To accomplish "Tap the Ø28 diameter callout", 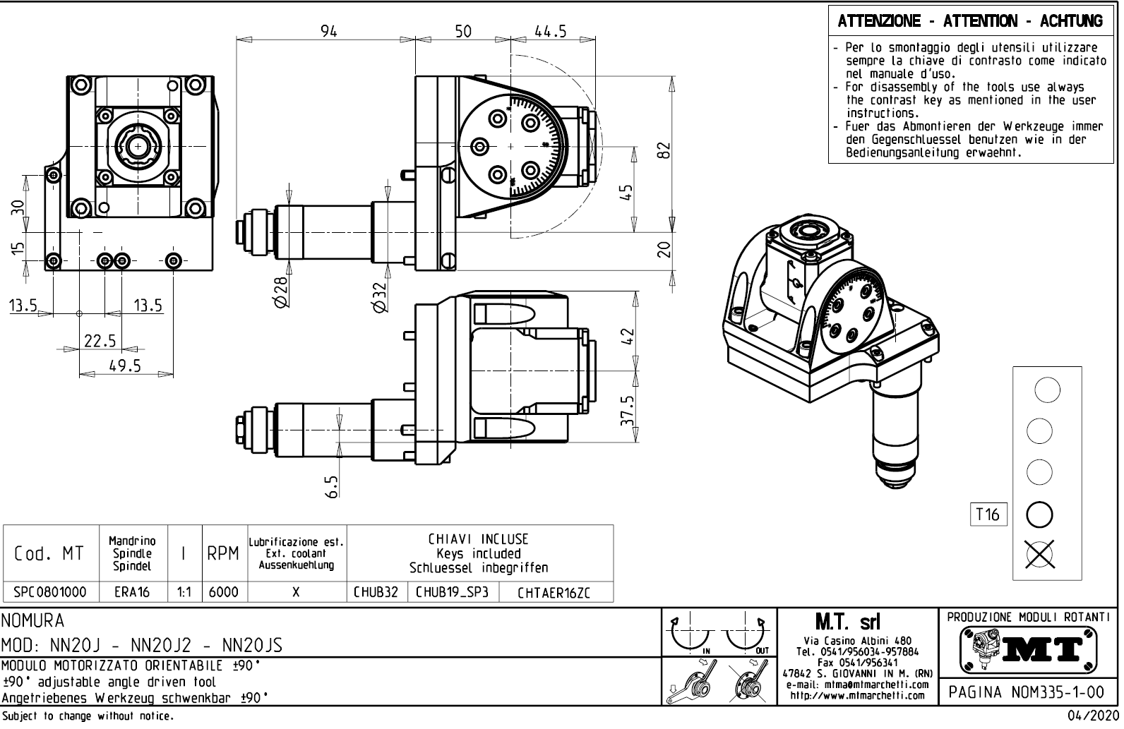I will click(x=281, y=291).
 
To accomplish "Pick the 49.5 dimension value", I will click(x=125, y=365).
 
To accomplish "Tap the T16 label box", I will click(x=988, y=514).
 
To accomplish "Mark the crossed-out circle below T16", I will click(x=1039, y=554).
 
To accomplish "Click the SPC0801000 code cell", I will click(x=50, y=592).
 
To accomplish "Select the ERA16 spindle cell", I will click(x=132, y=592).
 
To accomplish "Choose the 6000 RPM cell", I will click(x=224, y=592).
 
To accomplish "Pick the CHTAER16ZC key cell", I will click(x=556, y=593).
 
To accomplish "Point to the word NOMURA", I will click(x=33, y=621).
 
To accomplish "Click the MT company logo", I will click(x=1029, y=650).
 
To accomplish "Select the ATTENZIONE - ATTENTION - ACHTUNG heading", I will click(x=970, y=21).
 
